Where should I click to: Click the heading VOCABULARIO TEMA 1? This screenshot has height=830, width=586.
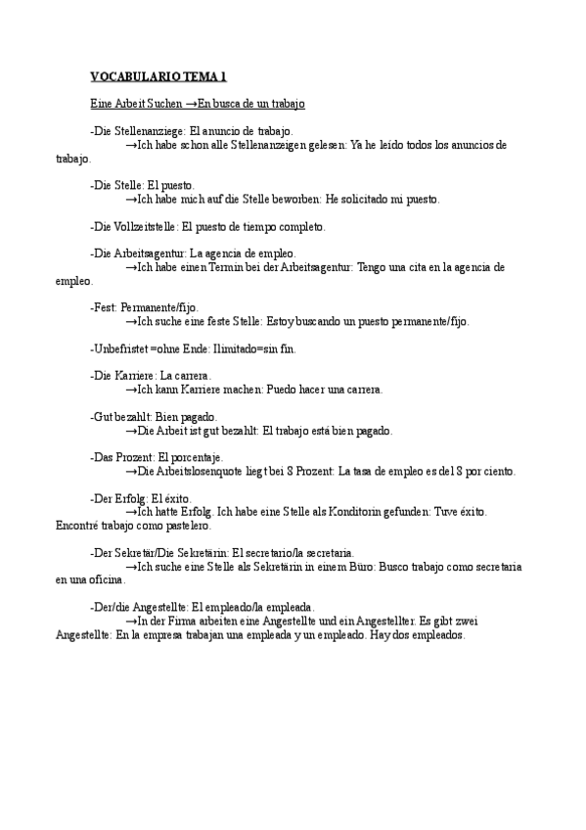158,76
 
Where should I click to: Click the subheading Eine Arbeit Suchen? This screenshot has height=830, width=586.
128,103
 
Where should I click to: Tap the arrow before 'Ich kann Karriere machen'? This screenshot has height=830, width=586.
131,390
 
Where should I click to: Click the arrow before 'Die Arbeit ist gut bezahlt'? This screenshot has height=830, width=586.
131,431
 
